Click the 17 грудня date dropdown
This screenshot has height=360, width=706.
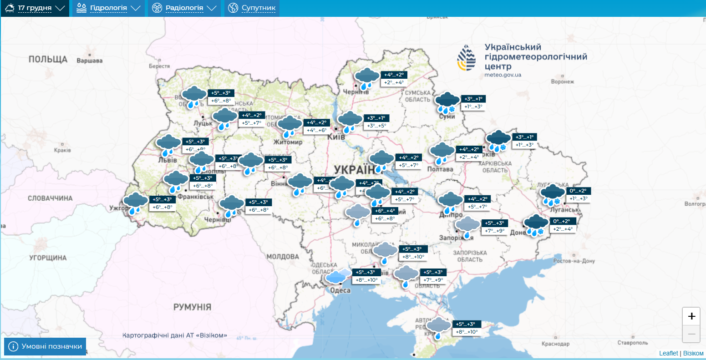tap(35, 8)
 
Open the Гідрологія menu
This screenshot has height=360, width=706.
tap(108, 8)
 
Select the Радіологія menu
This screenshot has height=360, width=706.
tap(184, 8)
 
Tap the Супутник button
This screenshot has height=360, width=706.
tap(252, 8)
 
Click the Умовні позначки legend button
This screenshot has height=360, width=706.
tap(45, 346)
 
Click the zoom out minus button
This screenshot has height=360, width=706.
tap(691, 335)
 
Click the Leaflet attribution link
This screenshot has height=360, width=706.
tap(668, 353)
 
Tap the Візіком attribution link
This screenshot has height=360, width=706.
tap(693, 353)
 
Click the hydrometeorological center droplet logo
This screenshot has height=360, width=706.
tap(467, 58)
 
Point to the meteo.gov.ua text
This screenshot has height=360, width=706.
tap(503, 75)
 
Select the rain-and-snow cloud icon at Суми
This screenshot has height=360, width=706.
tap(447, 102)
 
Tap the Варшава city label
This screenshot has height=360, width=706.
tap(89, 61)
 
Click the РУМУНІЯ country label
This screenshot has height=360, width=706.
tap(192, 307)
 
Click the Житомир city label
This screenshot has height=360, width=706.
tap(288, 142)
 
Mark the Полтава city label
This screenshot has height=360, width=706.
tap(440, 169)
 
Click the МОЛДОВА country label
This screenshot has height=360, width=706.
tap(283, 257)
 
